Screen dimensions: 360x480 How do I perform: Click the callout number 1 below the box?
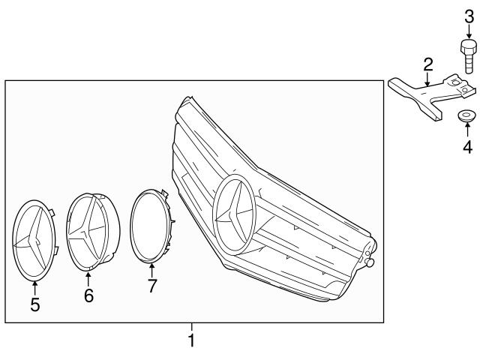click(x=191, y=341)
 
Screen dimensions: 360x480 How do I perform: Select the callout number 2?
click(x=427, y=63)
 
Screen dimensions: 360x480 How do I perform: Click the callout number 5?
click(x=34, y=304)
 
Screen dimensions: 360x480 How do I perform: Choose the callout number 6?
click(x=88, y=296)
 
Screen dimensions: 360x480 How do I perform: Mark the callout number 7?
click(x=152, y=285)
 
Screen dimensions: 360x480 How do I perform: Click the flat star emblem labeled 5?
click(x=34, y=240)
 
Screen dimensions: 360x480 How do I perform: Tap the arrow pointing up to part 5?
click(x=34, y=288)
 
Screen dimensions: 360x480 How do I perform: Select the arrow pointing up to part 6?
click(x=88, y=280)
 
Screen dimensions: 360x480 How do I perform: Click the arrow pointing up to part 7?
click(x=152, y=269)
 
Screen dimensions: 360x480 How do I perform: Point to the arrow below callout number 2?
click(x=427, y=80)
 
